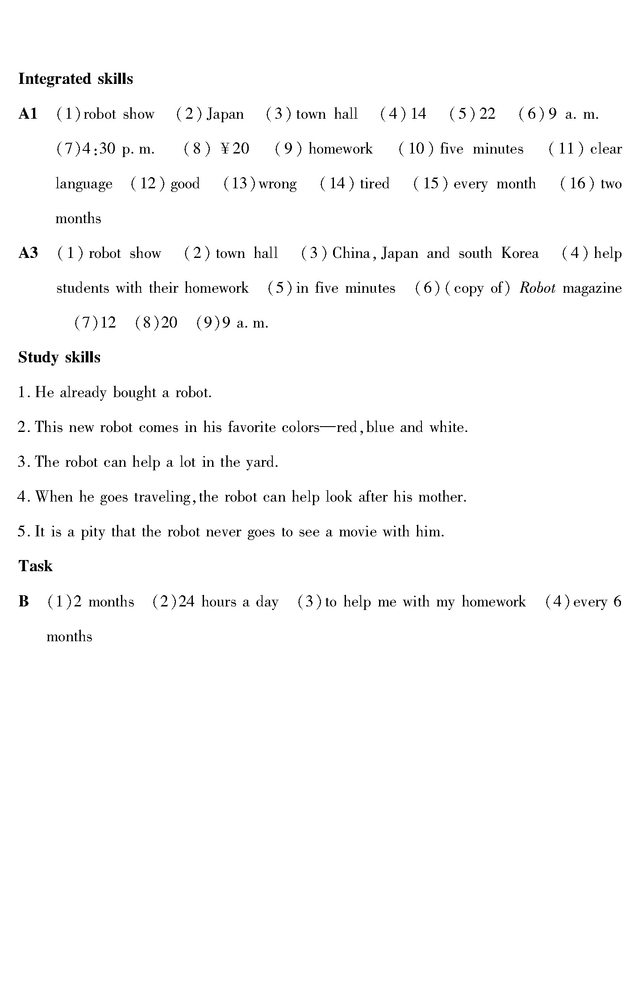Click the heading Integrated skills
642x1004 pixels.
click(x=75, y=79)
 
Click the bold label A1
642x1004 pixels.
click(x=28, y=114)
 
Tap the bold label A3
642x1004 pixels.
click(x=28, y=253)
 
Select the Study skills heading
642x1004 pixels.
click(x=59, y=357)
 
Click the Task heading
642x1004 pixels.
click(x=35, y=566)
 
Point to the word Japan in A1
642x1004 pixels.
click(x=225, y=115)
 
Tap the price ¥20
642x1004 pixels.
click(x=235, y=149)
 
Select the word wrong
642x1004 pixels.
click(x=277, y=184)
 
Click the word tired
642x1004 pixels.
click(x=375, y=184)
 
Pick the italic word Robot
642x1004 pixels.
click(x=538, y=288)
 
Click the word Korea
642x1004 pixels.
click(x=520, y=253)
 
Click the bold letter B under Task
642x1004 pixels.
click(x=24, y=602)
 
